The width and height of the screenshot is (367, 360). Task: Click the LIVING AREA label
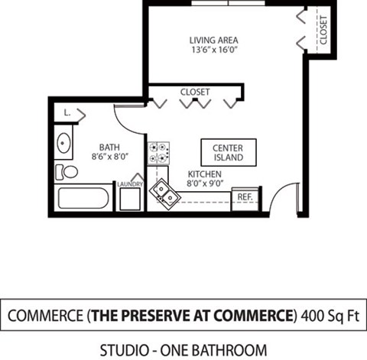[214, 40]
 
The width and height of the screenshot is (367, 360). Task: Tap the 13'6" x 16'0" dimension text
[214, 52]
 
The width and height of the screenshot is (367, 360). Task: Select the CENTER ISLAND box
[228, 152]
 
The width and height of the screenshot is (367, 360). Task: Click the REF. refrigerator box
[245, 197]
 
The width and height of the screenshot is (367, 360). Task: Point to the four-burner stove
[158, 153]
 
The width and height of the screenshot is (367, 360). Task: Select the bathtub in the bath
[83, 199]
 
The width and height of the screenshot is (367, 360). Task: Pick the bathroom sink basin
[64, 144]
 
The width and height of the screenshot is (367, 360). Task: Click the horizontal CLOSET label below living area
[195, 92]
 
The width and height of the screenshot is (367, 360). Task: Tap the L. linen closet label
[68, 112]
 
